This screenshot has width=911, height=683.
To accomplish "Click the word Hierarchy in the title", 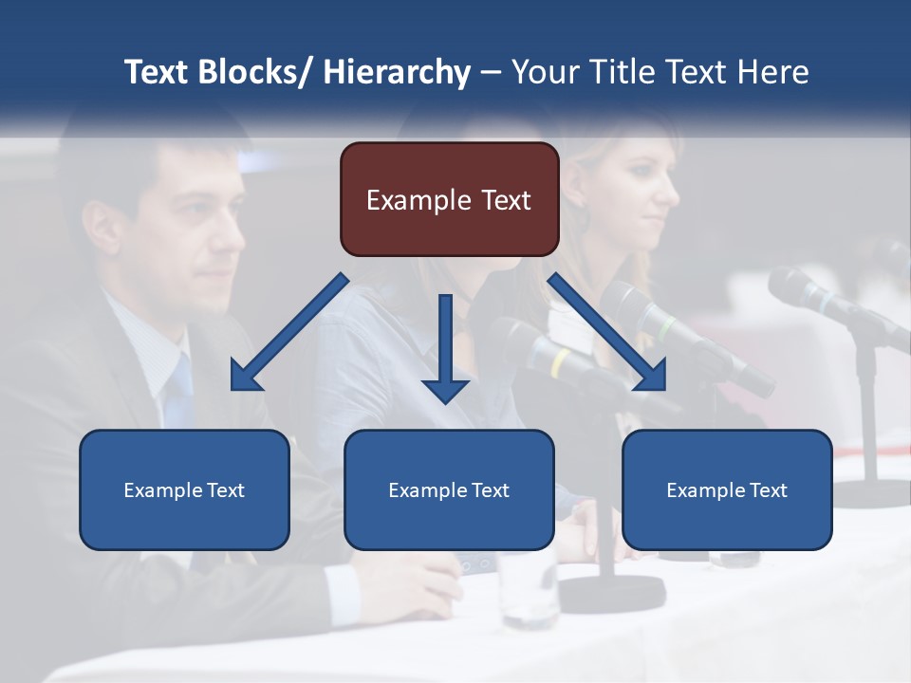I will click(x=397, y=72).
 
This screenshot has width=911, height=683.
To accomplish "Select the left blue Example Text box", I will click(x=184, y=489).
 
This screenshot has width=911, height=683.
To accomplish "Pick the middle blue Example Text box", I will click(x=449, y=489).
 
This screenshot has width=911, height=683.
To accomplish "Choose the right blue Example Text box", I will click(x=727, y=489).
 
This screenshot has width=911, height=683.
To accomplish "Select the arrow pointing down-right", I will click(x=607, y=332).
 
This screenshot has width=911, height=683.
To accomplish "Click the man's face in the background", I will click(x=190, y=228).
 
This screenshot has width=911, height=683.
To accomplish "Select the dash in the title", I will click(x=491, y=72).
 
